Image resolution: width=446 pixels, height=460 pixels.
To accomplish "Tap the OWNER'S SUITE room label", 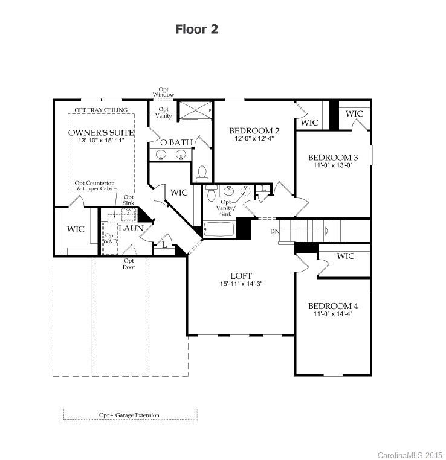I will coord(101,132).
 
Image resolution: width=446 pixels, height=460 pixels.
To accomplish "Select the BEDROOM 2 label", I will coord(254,130).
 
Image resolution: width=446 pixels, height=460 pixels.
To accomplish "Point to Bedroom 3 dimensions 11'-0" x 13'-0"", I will coord(332,165).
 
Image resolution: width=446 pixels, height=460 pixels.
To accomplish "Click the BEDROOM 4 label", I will coord(332,305).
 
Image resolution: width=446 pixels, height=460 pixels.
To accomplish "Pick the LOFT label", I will coord(241,276).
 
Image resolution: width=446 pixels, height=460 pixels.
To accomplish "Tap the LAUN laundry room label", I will coord(131,228).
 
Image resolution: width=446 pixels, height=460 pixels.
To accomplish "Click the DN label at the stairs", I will coord(275,231).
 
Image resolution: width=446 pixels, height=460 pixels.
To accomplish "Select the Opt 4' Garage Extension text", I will coord(129,415).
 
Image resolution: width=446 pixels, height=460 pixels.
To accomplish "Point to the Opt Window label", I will coord(163,92).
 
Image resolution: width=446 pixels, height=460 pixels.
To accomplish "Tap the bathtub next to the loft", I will coord(219,230).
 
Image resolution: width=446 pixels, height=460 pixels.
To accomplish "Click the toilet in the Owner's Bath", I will coord(203,173).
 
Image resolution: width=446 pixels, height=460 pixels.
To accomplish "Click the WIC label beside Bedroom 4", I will coord(345,256).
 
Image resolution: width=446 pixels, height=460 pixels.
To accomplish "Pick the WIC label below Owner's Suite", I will coord(76,229).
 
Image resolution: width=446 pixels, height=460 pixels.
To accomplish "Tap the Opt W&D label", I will coord(111,238).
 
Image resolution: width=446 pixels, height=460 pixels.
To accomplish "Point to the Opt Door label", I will coord(129,264).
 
